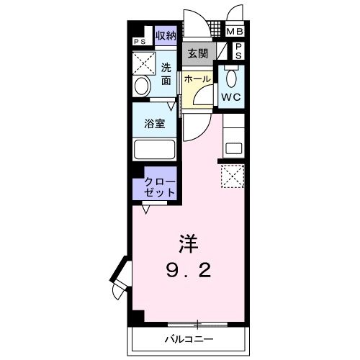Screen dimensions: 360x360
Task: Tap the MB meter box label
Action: (235, 32)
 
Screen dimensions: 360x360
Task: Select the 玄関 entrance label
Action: (198, 53)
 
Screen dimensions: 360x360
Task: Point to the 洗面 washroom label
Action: (166, 74)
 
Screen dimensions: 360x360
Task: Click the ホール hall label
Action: (197, 78)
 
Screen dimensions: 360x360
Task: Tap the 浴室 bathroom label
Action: (156, 123)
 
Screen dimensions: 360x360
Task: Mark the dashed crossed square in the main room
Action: (233, 176)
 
